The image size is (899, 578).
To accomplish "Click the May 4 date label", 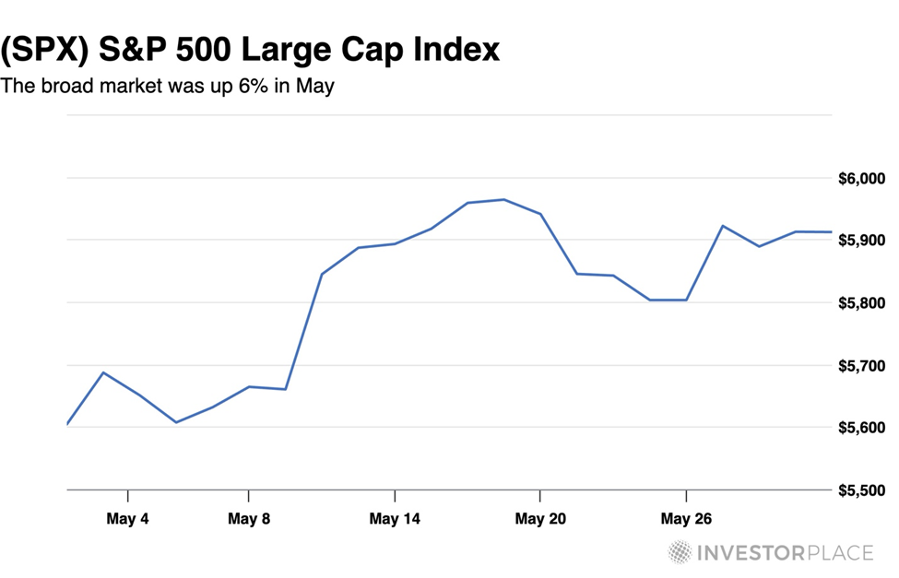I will coord(127,519).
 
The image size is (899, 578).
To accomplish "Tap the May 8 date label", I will coord(248,519).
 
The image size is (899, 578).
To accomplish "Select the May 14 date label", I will coord(395,519).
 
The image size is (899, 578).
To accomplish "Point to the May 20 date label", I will coord(540,519).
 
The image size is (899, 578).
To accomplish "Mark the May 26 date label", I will coord(686,519).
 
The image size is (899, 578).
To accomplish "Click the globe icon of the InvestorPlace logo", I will coord(680,552).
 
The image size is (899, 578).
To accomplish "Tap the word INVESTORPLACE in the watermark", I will coord(784,553).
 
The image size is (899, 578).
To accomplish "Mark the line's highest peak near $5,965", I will coord(503,199).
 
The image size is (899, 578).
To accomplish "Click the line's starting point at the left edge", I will coord(68,424).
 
